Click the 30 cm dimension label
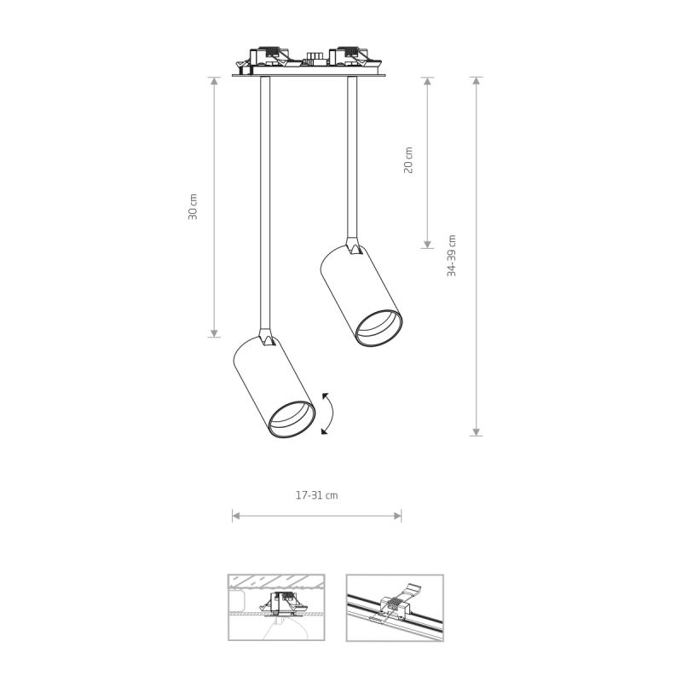pos(194,207)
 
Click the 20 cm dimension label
pos(408,160)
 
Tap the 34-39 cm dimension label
pos(452,256)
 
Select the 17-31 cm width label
pos(316,494)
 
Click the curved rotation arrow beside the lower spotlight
pos(328,413)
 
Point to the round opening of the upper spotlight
pos(379,328)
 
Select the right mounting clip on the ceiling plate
pos(350,59)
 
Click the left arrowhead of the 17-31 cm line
pos(235,516)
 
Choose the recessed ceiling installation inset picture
pos(275,608)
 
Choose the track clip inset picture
pos(395,608)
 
